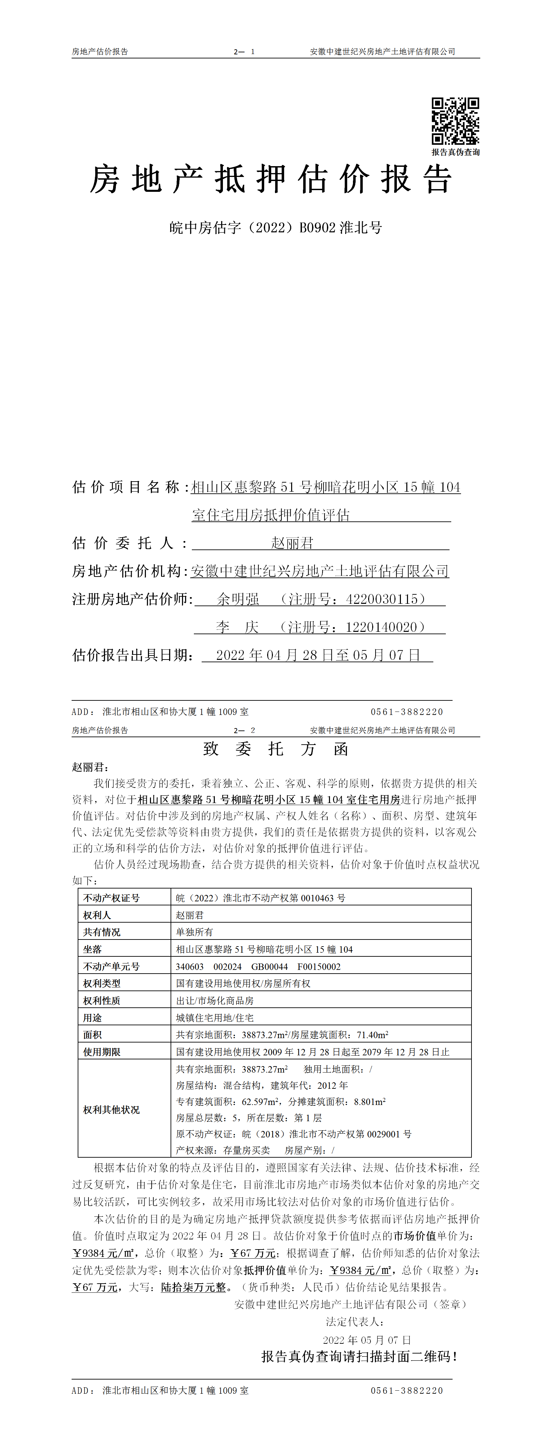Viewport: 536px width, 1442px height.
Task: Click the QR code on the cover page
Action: pos(455,121)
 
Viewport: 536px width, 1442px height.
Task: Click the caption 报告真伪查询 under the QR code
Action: pos(455,152)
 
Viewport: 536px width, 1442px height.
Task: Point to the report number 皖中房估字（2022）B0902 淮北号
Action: pos(276,228)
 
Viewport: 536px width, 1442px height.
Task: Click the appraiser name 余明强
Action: pos(238,599)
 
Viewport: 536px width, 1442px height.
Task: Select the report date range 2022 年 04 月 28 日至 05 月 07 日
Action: pos(317,655)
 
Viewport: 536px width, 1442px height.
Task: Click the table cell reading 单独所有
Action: pos(194,932)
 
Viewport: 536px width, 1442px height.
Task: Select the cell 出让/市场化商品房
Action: pos(214,1000)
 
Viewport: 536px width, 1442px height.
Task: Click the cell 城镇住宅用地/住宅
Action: pos(214,1018)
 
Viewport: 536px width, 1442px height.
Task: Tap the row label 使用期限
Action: pos(101,1052)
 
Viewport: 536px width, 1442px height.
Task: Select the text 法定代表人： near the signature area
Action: pos(355,1322)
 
